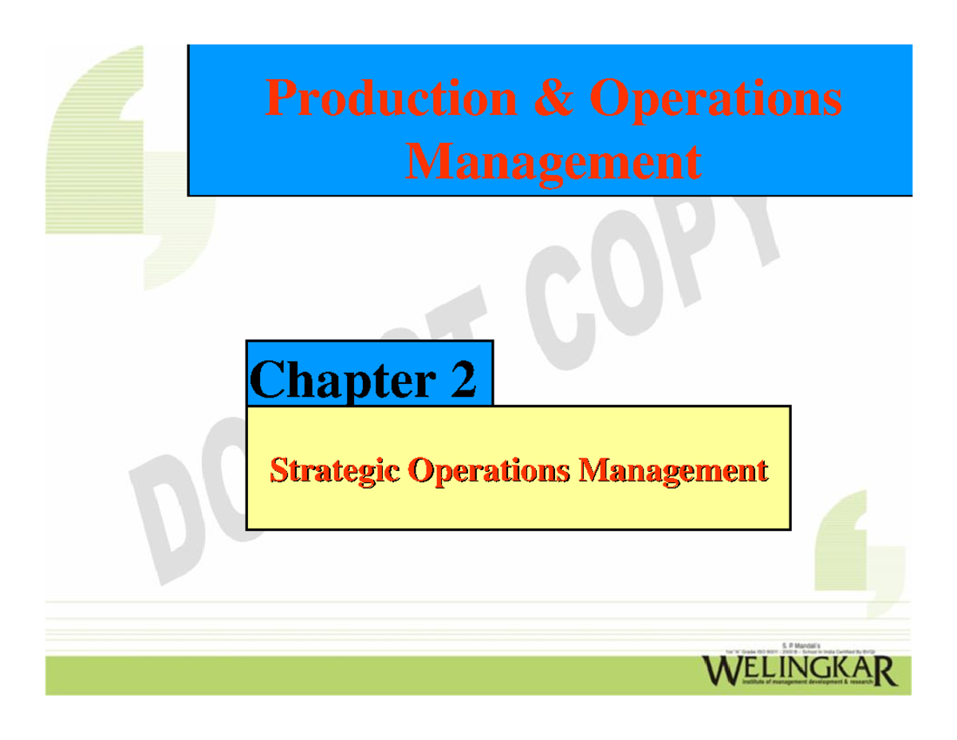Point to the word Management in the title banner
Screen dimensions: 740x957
coord(553,162)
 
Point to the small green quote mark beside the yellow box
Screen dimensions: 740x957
coord(857,551)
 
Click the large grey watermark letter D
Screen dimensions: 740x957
coord(171,511)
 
